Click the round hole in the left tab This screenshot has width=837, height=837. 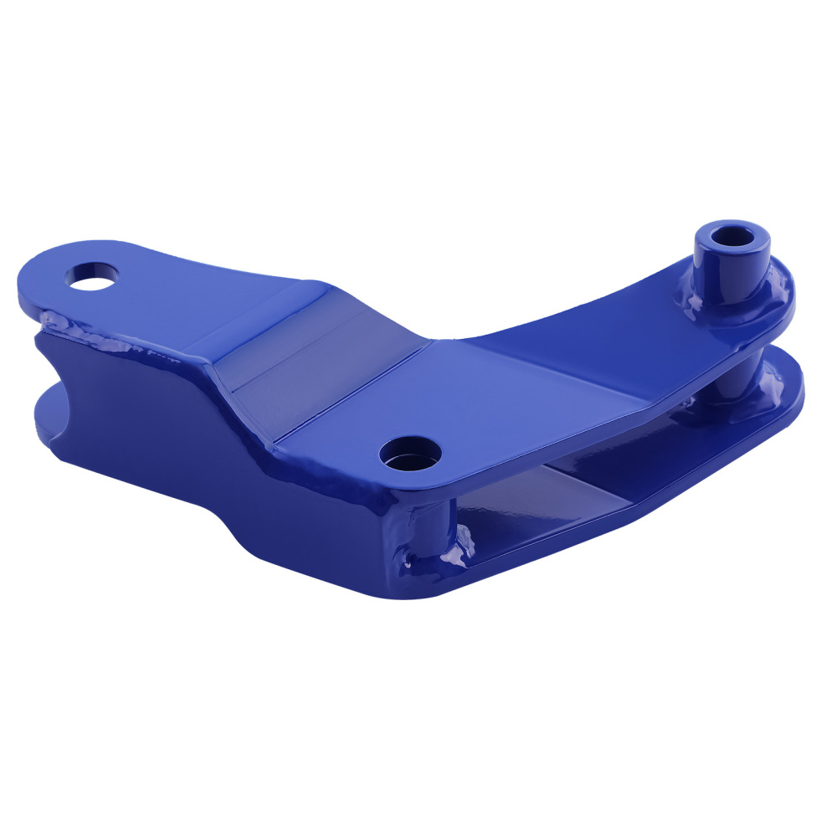pos(92,275)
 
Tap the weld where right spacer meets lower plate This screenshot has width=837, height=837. pos(728,402)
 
